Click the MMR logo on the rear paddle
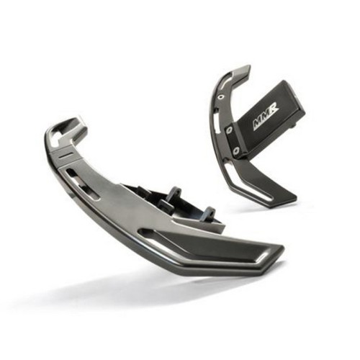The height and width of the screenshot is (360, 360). click(264, 120)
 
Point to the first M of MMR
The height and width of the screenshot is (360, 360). click(256, 125)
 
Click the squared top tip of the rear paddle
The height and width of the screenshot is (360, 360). click(243, 70)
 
